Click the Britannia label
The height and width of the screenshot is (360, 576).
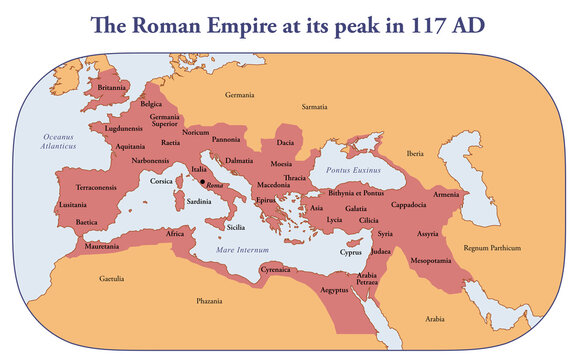pyautogui.click(x=112, y=88)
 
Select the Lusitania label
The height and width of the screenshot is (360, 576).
pyautogui.click(x=73, y=204)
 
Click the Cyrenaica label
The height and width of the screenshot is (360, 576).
pyautogui.click(x=276, y=270)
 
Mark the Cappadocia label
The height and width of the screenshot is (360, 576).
pyautogui.click(x=410, y=204)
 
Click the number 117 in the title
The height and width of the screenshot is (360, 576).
pyautogui.click(x=406, y=25)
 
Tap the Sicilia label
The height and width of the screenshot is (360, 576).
pyautogui.click(x=236, y=227)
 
